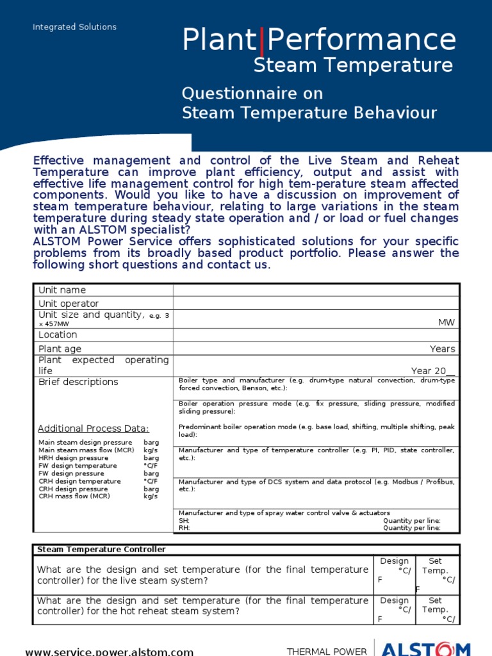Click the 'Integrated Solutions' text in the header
coord(75,27)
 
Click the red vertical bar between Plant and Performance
coord(261,41)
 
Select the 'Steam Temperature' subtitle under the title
coord(353,65)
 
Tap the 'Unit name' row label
coord(62,290)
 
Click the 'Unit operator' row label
coord(69,304)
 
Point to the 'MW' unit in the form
coord(447,322)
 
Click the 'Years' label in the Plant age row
coord(443,349)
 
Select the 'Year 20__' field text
coord(433,371)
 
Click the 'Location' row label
coord(58,335)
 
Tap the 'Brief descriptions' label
coord(78,382)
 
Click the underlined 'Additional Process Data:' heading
coord(94,429)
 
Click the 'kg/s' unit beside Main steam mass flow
coord(151,450)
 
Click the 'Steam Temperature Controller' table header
coord(101,550)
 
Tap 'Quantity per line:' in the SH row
coord(411,521)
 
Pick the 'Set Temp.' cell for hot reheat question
coord(436,605)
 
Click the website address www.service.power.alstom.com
coord(109,652)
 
